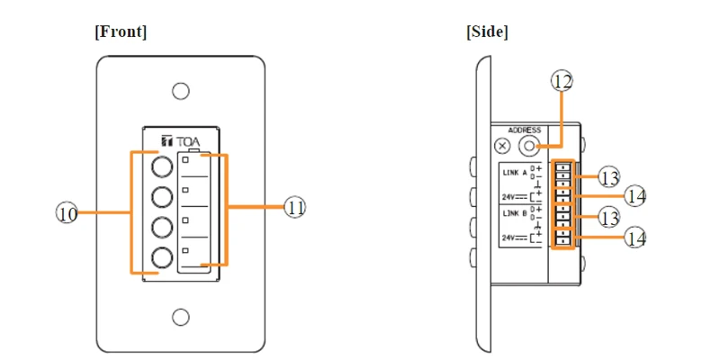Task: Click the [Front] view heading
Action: pyautogui.click(x=121, y=31)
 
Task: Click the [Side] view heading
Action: pyautogui.click(x=487, y=31)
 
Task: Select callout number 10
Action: pyautogui.click(x=67, y=213)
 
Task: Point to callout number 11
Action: pyautogui.click(x=295, y=208)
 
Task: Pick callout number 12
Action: pyautogui.click(x=562, y=81)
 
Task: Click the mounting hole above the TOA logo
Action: pyautogui.click(x=181, y=91)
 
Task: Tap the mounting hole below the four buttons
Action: pyautogui.click(x=181, y=317)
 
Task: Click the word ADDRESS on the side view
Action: pyautogui.click(x=524, y=130)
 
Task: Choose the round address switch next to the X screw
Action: pyautogui.click(x=529, y=147)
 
